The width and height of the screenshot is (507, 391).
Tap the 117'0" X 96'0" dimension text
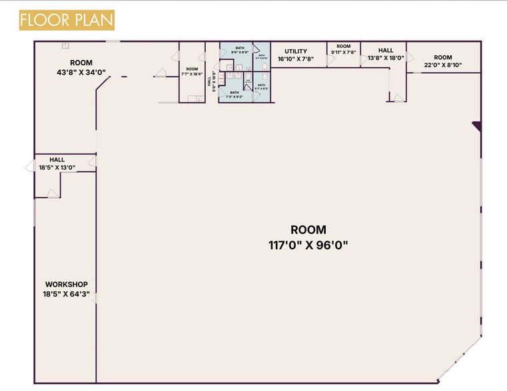coord(308,245)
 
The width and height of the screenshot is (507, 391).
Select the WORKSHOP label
coord(66,284)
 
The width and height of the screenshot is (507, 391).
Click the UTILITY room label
coord(295,51)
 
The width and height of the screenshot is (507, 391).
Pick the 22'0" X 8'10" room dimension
coord(443,65)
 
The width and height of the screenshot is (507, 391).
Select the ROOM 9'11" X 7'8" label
coord(343,49)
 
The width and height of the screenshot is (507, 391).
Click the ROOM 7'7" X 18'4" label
coord(192,72)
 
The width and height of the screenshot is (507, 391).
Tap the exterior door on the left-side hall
coord(30,166)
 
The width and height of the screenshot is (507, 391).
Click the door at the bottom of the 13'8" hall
coord(397,99)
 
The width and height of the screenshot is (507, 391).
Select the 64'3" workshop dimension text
coord(66,293)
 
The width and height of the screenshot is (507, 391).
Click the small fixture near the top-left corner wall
coord(65,45)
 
